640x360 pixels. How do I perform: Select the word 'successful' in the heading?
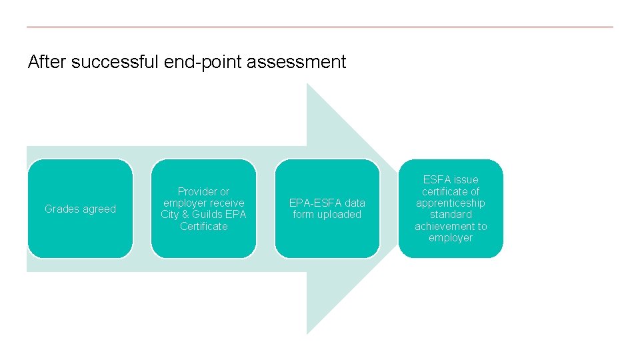pos(115,63)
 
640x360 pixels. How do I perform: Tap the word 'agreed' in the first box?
pos(100,209)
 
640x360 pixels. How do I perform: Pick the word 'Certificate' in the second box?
pos(203,227)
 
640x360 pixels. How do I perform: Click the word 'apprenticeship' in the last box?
pos(451,203)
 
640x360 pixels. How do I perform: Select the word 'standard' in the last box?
pos(451,215)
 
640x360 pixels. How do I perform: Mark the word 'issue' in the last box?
pos(466,180)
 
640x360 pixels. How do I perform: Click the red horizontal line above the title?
pos(320,27)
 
